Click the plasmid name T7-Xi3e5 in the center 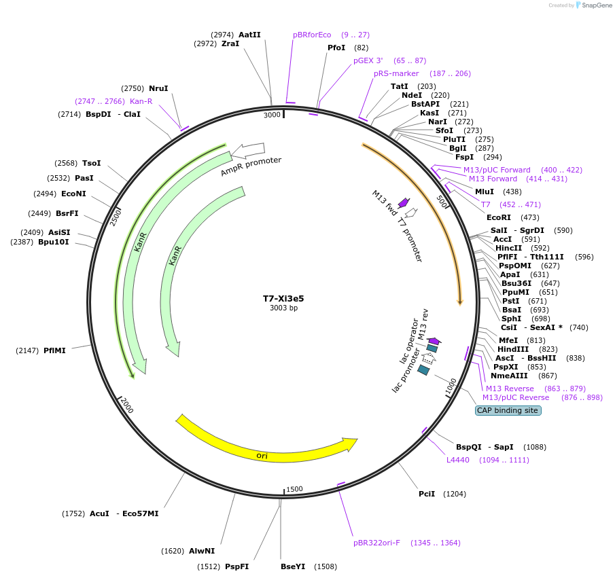click(x=283, y=298)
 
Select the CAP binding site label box click(x=508, y=410)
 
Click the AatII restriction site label click(x=249, y=35)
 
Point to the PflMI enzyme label click(x=54, y=350)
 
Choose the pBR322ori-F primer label click(x=376, y=543)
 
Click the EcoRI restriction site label click(x=498, y=217)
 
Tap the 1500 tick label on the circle click(x=294, y=489)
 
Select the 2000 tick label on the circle click(x=127, y=405)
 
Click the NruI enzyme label click(x=158, y=88)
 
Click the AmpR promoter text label click(x=251, y=166)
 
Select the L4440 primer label click(x=457, y=460)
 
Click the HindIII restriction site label click(x=513, y=349)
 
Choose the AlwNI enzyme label click(x=202, y=551)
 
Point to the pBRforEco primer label click(x=312, y=35)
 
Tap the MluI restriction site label click(x=485, y=192)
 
